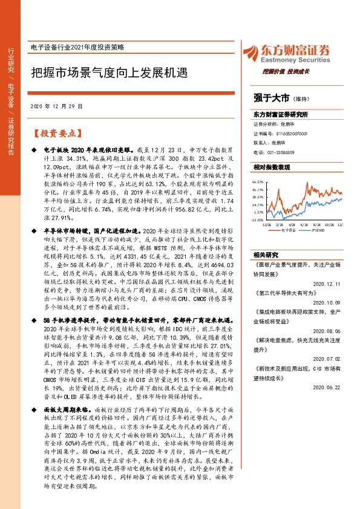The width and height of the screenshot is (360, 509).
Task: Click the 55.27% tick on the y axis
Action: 258,181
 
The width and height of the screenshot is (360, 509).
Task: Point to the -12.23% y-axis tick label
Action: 258,220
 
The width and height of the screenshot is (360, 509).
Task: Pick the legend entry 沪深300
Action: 319,230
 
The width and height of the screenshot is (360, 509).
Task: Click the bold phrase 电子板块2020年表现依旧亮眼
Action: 88,148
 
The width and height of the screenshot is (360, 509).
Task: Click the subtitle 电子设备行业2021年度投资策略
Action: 84,47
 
